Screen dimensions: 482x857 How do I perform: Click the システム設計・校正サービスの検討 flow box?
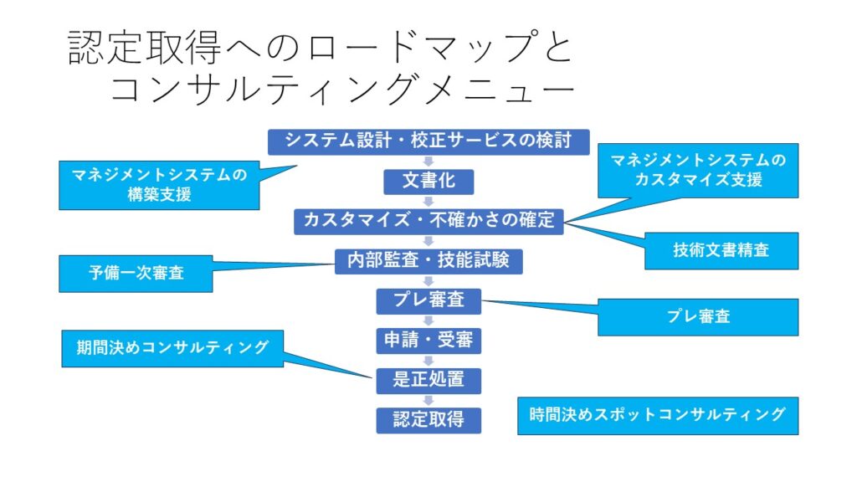pyautogui.click(x=428, y=141)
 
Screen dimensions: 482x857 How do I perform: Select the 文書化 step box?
pyautogui.click(x=428, y=181)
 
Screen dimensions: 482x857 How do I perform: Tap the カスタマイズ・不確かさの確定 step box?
pyautogui.click(x=428, y=221)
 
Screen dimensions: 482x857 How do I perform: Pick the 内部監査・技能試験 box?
pyautogui.click(x=428, y=260)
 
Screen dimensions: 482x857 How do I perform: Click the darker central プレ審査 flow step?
pyautogui.click(x=428, y=300)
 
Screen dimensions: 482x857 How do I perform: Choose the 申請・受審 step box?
pyautogui.click(x=428, y=340)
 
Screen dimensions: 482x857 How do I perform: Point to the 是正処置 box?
pyautogui.click(x=428, y=379)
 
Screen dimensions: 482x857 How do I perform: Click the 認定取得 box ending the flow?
pyautogui.click(x=428, y=418)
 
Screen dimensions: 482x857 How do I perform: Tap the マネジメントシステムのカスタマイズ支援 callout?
pyautogui.click(x=698, y=170)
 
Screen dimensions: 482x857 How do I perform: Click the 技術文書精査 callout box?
pyautogui.click(x=721, y=249)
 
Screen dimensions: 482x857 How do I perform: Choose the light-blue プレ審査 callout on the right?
pyautogui.click(x=698, y=317)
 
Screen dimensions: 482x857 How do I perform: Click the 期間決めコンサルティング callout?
pyautogui.click(x=172, y=348)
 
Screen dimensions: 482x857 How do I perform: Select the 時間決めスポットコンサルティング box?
pyautogui.click(x=658, y=415)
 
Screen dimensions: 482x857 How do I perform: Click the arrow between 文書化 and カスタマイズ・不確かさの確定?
pyautogui.click(x=428, y=201)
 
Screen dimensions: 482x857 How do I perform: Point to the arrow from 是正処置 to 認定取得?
pyautogui.click(x=428, y=399)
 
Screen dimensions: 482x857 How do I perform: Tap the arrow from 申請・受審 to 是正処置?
pyautogui.click(x=428, y=360)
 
